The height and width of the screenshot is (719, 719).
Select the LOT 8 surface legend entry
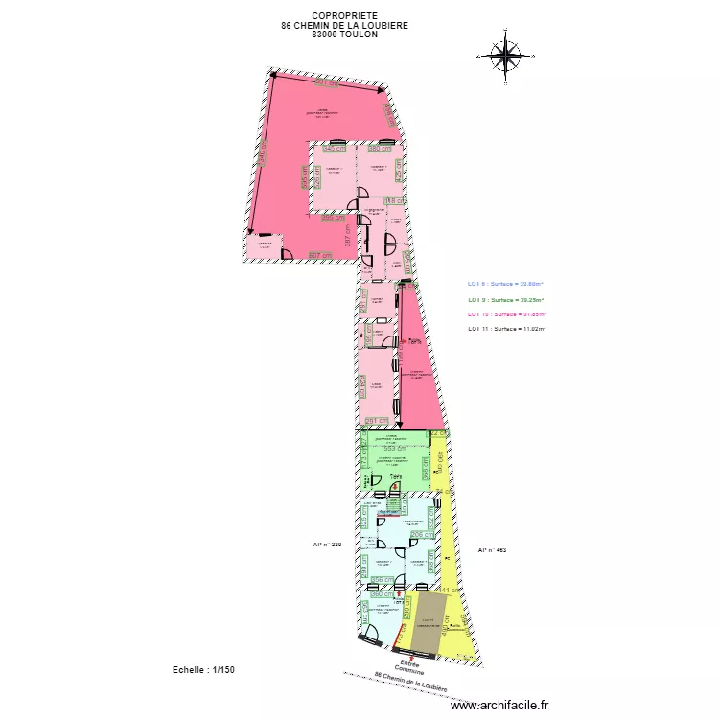[x=505, y=283]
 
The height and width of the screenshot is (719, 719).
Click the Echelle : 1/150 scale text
[x=202, y=670]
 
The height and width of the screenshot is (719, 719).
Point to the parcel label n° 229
[x=327, y=544]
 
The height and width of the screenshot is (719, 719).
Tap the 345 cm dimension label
[x=333, y=149]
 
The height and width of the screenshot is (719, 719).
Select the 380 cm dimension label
[x=380, y=149]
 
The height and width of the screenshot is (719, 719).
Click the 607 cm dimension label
[x=319, y=255]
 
